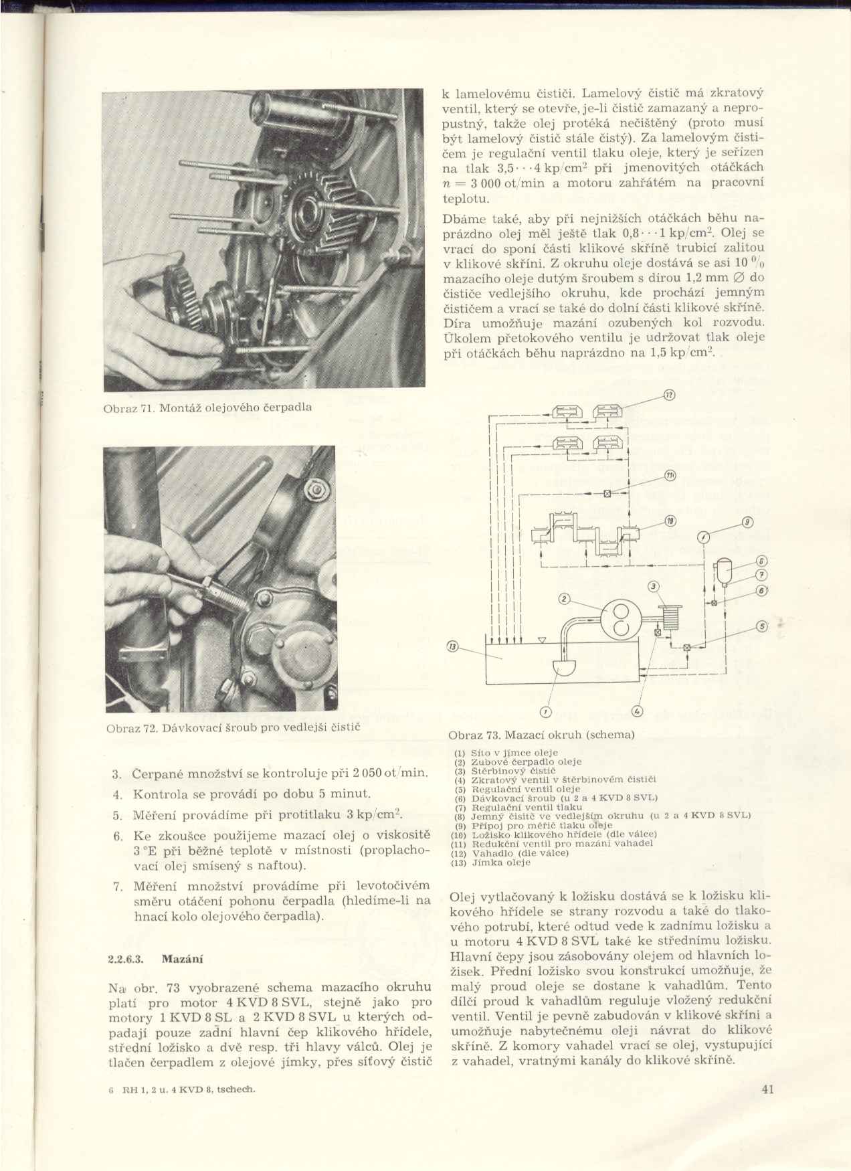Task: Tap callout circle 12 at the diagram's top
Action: (x=668, y=395)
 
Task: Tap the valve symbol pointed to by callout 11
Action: (x=607, y=494)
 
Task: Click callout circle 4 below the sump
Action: (x=636, y=711)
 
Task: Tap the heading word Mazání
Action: (x=183, y=958)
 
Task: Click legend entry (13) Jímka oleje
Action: (x=491, y=863)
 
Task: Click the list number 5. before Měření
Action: (x=117, y=815)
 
